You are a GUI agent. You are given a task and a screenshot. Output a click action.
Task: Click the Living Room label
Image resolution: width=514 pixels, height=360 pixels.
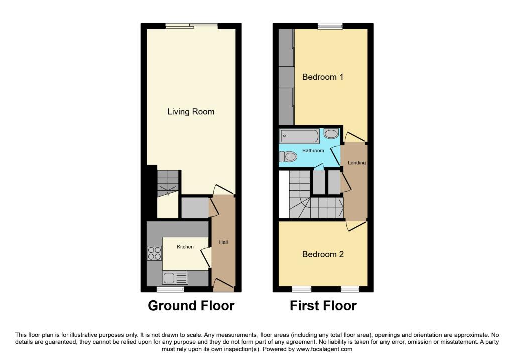tap(191, 112)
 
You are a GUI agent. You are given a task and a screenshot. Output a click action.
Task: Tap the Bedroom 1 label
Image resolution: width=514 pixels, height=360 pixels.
tap(323, 77)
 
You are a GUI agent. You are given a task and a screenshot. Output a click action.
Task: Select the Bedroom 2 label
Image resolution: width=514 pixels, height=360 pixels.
tap(323, 254)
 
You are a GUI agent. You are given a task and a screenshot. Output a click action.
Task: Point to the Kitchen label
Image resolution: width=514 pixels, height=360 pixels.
tap(185, 247)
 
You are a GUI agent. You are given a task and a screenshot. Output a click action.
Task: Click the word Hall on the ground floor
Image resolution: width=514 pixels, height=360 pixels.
tap(223, 242)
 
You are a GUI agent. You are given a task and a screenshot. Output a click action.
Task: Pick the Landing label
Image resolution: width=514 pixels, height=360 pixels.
tap(357, 163)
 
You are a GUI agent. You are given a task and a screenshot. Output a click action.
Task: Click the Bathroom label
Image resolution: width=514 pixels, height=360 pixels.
tap(313, 151)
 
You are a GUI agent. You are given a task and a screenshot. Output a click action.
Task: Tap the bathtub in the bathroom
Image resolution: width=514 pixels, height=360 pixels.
tap(299, 136)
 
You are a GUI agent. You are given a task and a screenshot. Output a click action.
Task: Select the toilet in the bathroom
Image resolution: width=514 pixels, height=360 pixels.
tap(288, 156)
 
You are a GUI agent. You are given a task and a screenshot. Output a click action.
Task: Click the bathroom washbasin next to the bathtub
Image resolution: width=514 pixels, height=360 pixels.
tap(331, 134)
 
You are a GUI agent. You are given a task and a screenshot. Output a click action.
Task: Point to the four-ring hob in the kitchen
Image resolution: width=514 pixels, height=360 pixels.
tap(154, 253)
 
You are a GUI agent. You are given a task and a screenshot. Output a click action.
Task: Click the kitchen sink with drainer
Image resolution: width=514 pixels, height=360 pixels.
tap(175, 278)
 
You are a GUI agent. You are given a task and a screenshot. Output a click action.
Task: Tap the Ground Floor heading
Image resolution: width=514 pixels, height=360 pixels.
tap(191, 306)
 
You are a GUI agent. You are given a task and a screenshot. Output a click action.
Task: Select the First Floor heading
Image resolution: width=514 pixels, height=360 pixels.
tap(323, 306)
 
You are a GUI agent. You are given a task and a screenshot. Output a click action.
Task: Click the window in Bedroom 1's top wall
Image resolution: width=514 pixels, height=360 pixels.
tap(330, 26)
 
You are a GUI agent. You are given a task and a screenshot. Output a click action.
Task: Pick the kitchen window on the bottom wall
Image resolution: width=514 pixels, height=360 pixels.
tap(170, 289)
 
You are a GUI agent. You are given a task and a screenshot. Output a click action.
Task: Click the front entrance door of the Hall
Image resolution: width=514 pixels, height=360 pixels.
tap(223, 285)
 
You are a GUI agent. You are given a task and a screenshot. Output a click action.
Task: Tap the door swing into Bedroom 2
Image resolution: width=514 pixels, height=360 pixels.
tap(356, 226)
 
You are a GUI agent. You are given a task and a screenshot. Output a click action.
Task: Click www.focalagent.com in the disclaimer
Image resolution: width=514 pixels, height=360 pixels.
tap(324, 349)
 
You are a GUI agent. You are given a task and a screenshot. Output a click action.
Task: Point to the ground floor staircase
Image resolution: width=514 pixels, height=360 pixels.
tap(168, 183)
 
